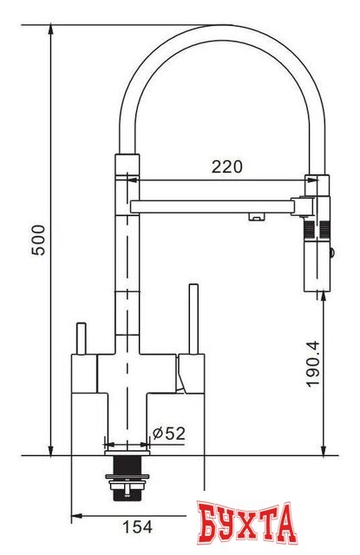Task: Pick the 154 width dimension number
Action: pos(133,526)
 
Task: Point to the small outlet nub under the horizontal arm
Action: pos(256,218)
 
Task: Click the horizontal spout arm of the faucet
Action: pos(217,206)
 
